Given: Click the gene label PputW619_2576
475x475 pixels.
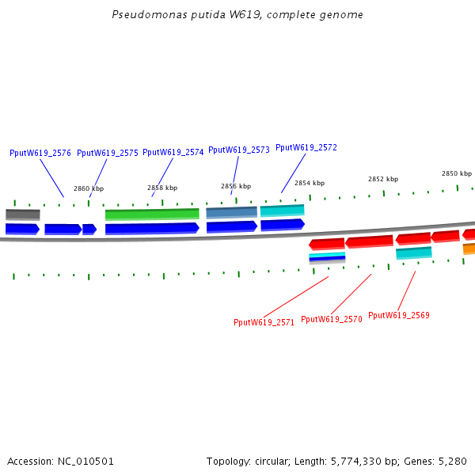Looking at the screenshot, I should (40, 153).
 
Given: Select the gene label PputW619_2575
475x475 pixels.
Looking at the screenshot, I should (108, 153).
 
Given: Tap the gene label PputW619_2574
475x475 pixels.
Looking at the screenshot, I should (173, 152).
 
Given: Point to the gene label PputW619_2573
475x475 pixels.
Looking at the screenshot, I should (239, 150).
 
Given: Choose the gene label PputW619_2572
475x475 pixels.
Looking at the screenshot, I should (306, 147).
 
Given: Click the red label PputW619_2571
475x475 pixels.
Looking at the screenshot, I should (264, 322).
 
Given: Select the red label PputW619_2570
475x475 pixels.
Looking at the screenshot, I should (332, 319).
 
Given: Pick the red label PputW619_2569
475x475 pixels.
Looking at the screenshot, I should (399, 315).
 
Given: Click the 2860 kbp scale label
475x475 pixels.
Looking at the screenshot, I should (89, 188).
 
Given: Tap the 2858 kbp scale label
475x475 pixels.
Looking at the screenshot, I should (162, 188).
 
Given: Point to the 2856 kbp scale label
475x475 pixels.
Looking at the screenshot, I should (236, 186).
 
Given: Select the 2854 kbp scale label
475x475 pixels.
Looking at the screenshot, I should (310, 183).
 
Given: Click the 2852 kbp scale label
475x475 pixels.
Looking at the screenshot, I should (383, 179).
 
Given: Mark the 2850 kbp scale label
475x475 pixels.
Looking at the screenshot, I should (457, 173).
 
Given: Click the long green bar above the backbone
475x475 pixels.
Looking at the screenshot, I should (152, 214).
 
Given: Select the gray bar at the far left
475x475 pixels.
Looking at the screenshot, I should (23, 214).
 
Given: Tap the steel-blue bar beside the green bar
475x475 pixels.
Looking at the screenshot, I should (231, 212).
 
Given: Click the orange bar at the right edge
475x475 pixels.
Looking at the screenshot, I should (469, 249).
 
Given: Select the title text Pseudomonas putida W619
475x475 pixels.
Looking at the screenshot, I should (201, 14).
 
